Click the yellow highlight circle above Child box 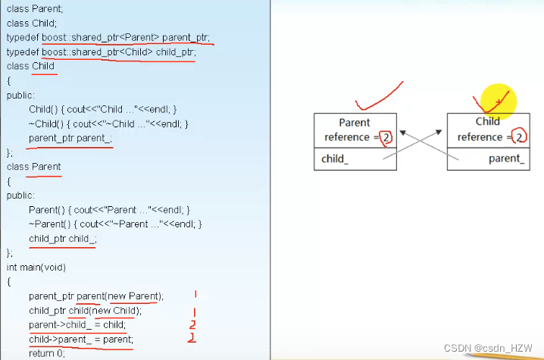[497, 102]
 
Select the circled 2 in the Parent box [386, 137]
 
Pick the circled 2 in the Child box [519, 137]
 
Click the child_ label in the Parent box [335, 159]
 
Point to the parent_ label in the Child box [506, 158]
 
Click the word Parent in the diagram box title [354, 122]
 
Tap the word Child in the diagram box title [487, 121]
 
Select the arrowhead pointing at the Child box [439, 133]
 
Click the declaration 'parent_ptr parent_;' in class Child [70, 138]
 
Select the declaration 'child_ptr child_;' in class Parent [63, 238]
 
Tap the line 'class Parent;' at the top [34, 8]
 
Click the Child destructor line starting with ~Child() [108, 124]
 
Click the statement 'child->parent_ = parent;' [80, 339]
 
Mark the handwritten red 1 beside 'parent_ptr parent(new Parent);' [195, 294]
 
